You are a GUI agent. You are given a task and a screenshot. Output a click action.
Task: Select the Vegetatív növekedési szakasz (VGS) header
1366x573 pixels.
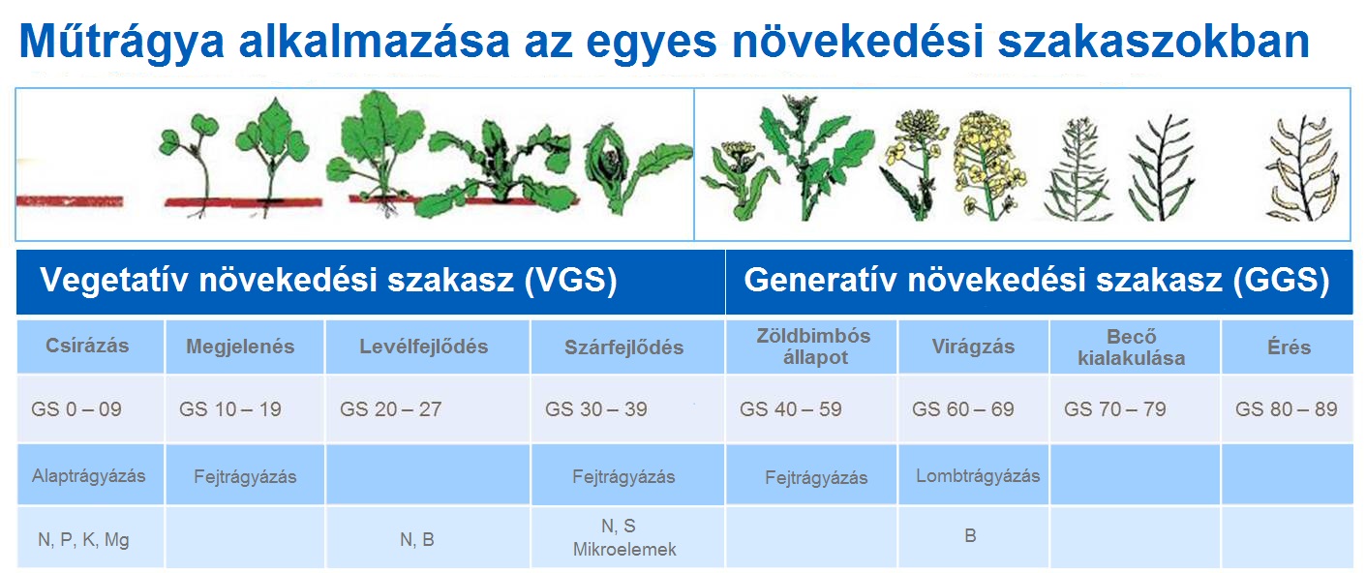[x=328, y=281]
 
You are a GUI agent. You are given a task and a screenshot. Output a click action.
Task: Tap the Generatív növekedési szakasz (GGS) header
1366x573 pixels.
[x=1035, y=281]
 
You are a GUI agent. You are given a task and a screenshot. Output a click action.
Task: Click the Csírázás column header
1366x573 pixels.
[x=87, y=347]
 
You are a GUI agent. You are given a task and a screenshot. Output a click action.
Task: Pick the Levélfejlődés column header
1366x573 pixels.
[x=423, y=347]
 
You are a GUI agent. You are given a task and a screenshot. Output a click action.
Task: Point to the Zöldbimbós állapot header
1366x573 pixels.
[x=812, y=347]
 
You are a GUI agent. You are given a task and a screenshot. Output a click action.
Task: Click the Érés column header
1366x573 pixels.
[x=1287, y=347]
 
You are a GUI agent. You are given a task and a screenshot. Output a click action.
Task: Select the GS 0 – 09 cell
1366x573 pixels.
[x=76, y=409]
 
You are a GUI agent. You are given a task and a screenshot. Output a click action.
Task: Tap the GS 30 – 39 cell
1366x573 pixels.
[x=596, y=409]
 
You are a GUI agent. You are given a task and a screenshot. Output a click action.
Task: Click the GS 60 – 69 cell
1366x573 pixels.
[x=962, y=409]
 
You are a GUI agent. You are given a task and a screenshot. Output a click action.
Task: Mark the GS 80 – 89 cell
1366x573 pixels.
[x=1286, y=409]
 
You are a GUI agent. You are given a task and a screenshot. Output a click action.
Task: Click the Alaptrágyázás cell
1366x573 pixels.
[x=88, y=475]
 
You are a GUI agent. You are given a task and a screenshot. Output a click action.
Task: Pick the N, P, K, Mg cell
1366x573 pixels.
[x=83, y=540]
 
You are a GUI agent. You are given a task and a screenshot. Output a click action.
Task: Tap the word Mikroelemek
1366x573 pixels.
[x=624, y=550]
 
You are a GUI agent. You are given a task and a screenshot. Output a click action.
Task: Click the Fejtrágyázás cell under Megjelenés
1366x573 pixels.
[x=245, y=476]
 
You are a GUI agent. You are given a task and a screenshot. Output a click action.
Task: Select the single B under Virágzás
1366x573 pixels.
[x=970, y=535]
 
